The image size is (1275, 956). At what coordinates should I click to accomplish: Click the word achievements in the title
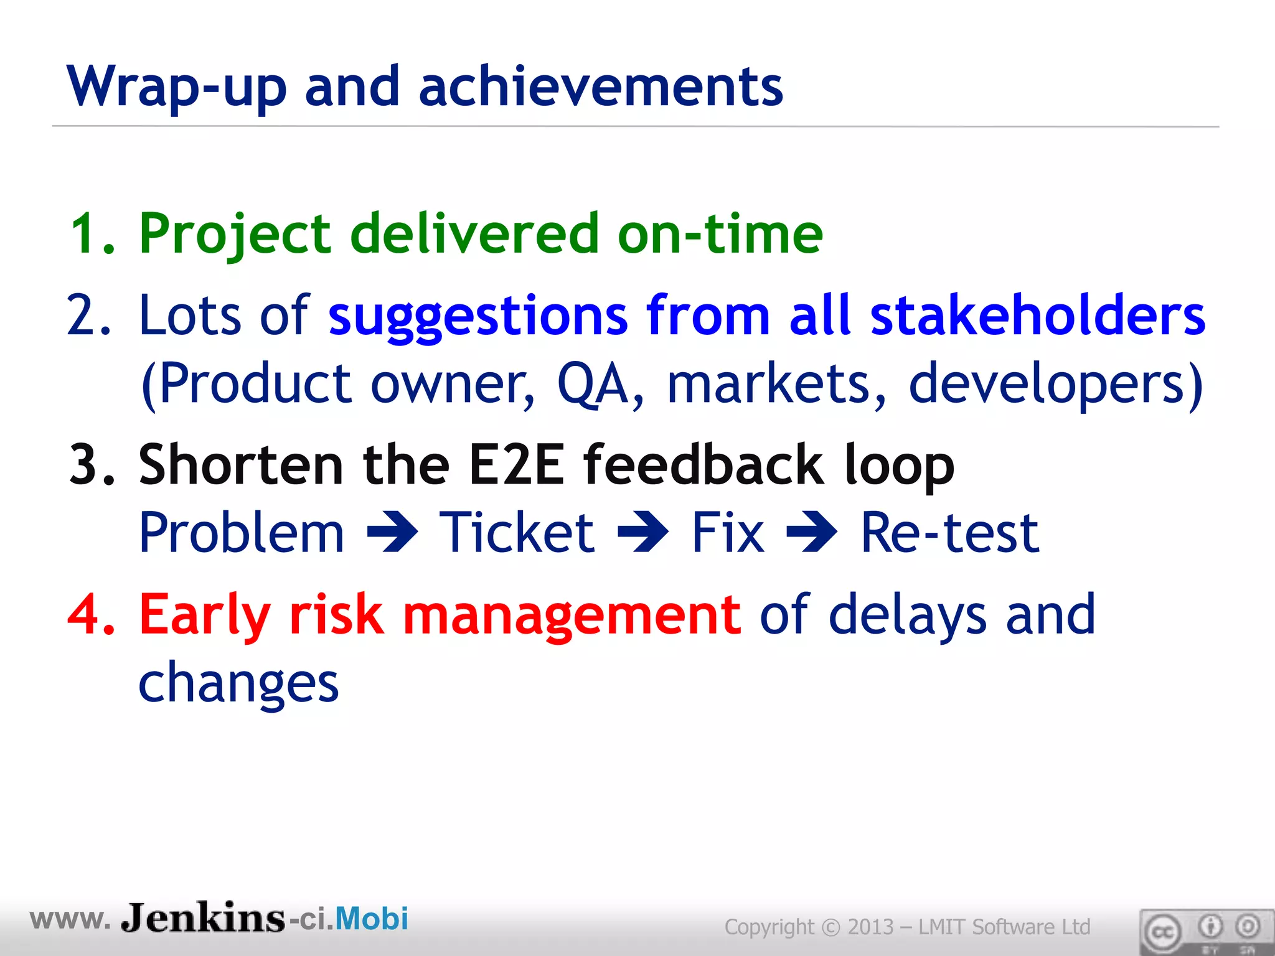click(x=600, y=87)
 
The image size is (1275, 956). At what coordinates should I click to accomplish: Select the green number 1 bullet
click(x=87, y=234)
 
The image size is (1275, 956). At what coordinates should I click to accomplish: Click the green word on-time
click(x=720, y=234)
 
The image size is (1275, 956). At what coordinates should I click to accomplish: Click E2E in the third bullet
click(x=516, y=465)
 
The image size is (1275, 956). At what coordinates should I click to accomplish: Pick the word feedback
click(x=703, y=465)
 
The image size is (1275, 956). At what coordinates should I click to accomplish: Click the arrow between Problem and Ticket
click(x=392, y=532)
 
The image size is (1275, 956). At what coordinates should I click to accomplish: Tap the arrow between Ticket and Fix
click(x=643, y=532)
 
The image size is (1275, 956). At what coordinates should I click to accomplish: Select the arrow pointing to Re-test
click(x=812, y=532)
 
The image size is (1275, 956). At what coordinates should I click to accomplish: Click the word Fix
click(x=728, y=533)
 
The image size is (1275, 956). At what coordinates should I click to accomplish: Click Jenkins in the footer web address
click(x=202, y=918)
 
